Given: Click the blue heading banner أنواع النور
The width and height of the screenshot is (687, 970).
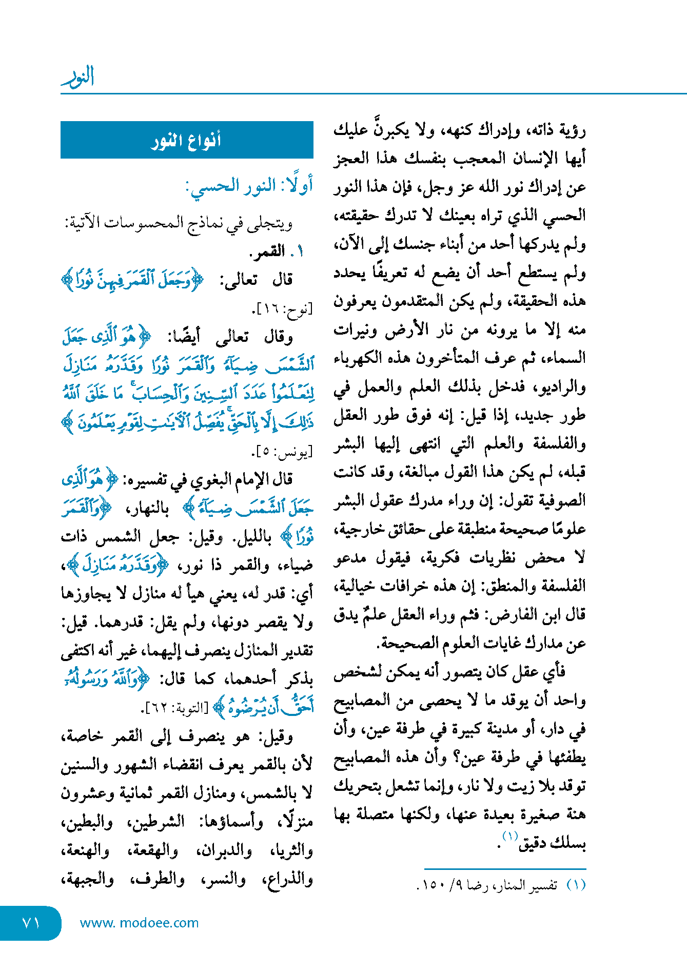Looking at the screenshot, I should pyautogui.click(x=187, y=140).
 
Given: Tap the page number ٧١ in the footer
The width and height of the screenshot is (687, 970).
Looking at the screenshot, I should pyautogui.click(x=31, y=923).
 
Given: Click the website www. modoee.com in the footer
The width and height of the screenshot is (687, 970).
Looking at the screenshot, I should pyautogui.click(x=139, y=923).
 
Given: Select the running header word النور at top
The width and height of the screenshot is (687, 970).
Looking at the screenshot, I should pyautogui.click(x=78, y=77).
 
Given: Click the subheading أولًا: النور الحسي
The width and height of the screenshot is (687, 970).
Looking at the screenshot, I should pyautogui.click(x=249, y=186).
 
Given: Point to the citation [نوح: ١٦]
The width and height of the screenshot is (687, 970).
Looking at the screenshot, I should pyautogui.click(x=282, y=308).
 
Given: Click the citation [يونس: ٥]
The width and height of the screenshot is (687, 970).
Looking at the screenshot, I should pyautogui.click(x=282, y=452).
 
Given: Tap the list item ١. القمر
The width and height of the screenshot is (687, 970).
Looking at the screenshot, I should pyautogui.click(x=277, y=251).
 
